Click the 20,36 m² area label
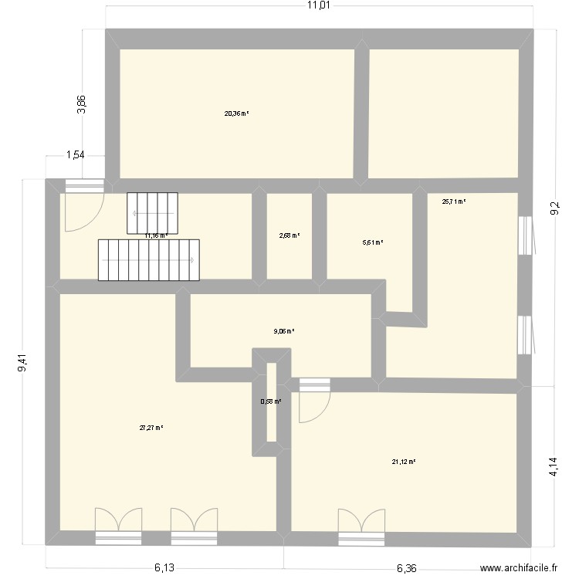(x=236, y=113)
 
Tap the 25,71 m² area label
(x=454, y=201)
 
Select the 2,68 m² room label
(x=289, y=236)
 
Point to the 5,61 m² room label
(x=373, y=242)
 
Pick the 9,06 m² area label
(x=284, y=331)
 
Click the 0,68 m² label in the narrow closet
(x=271, y=401)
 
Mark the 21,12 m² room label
(x=404, y=462)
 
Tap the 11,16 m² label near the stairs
(x=157, y=235)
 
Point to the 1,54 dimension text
(x=75, y=155)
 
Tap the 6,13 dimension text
(x=163, y=568)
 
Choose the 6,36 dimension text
(x=407, y=568)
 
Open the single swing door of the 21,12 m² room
(x=313, y=401)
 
